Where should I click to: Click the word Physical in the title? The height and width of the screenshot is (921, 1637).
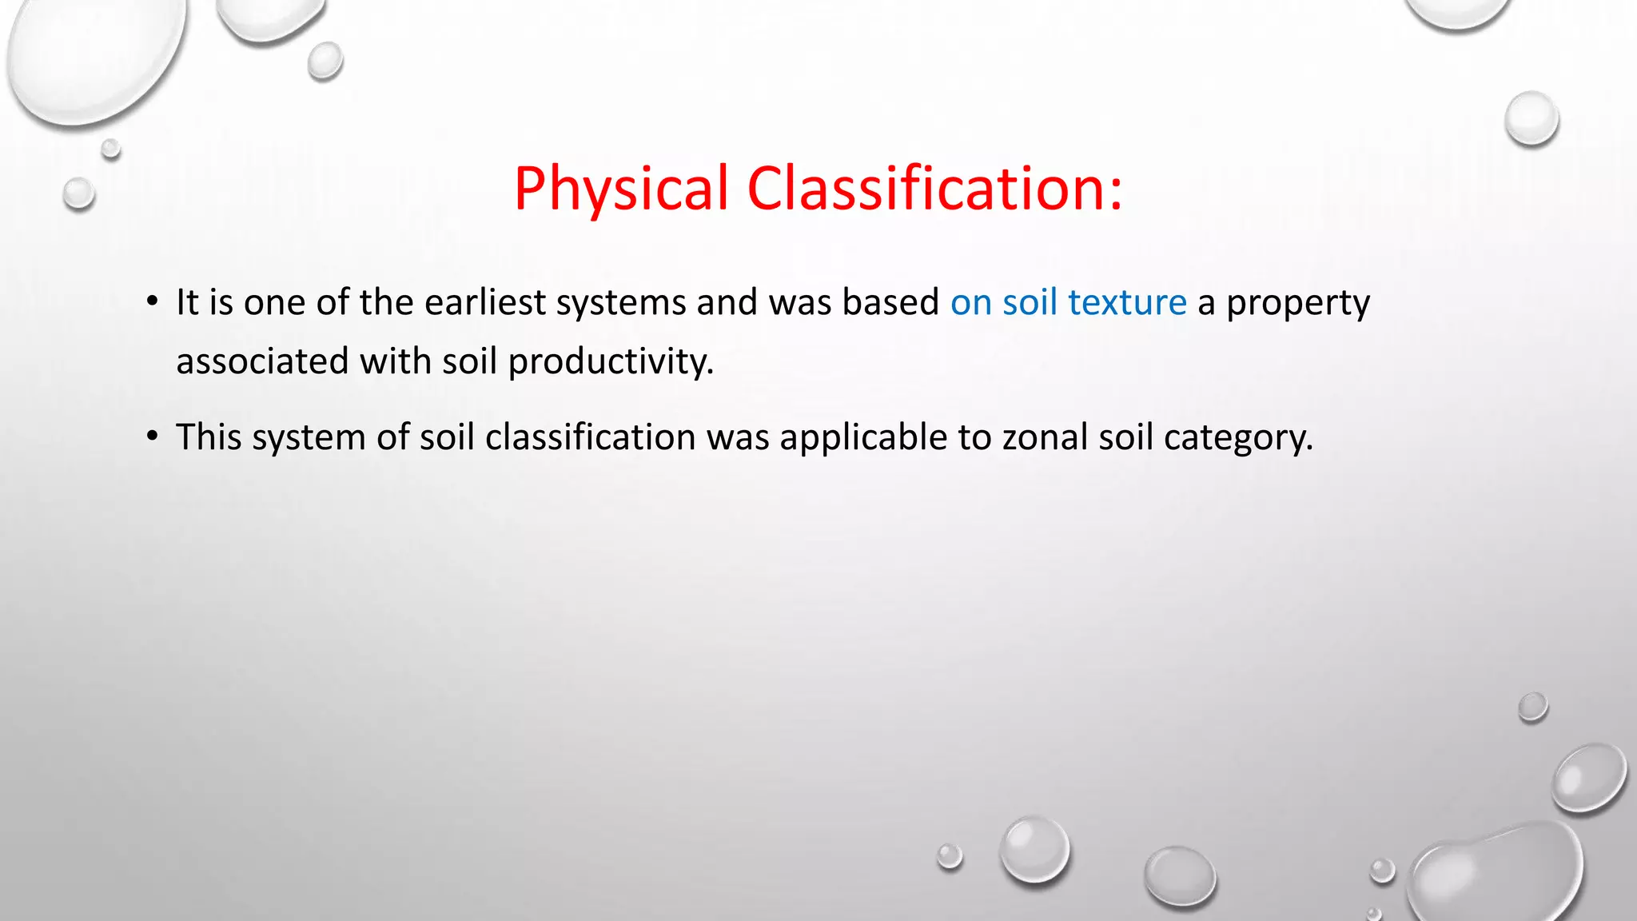tap(620, 189)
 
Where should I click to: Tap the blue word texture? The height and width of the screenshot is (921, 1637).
tap(1127, 303)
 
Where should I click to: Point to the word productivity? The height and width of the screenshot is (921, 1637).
tap(611, 362)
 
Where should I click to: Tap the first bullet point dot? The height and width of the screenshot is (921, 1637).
tap(152, 302)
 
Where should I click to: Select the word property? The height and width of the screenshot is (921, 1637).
tap(1297, 303)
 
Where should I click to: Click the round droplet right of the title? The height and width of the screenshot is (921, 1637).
tap(1531, 118)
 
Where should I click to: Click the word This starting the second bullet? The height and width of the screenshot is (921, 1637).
tap(209, 438)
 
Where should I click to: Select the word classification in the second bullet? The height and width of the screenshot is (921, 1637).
tap(590, 438)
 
